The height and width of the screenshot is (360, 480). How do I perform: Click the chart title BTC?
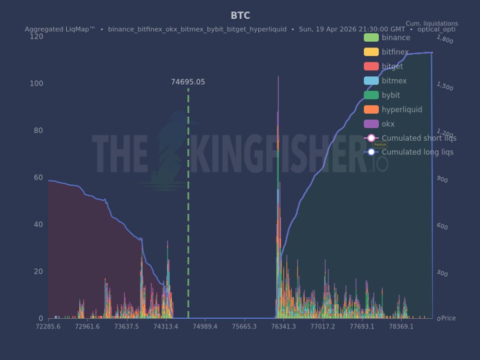pos(240,15)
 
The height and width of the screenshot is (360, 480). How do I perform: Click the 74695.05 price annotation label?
pos(188,82)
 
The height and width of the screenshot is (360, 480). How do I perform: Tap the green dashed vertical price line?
pos(188,202)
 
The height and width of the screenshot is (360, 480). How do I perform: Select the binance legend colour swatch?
pos(371,38)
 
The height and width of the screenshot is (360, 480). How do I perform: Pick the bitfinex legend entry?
pos(395,52)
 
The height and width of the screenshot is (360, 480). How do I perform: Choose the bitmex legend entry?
pos(394,81)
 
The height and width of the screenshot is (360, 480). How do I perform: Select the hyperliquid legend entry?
pos(402,110)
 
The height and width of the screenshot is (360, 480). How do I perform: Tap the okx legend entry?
pos(388,124)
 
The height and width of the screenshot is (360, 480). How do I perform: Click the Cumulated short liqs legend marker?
pos(371,138)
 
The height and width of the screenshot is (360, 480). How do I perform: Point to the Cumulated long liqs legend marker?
pos(371,152)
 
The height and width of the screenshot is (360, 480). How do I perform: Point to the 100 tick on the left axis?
pos(36,84)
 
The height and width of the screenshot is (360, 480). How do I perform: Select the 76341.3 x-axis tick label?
pos(284,327)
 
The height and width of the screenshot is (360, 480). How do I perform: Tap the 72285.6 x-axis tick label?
pos(48,327)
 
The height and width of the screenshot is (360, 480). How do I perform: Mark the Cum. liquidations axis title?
pos(432,24)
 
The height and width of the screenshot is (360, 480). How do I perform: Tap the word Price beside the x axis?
pos(449,318)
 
